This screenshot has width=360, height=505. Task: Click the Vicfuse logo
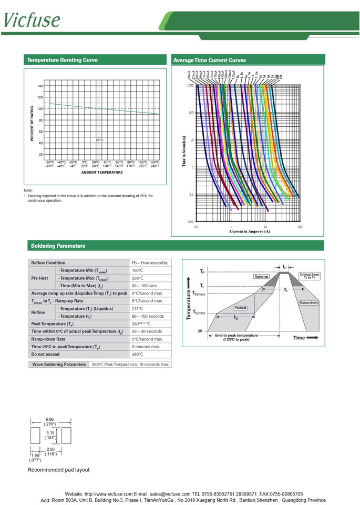(32, 19)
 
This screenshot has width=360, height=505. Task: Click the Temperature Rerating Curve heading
(62, 60)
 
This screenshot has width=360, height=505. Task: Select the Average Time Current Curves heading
(209, 60)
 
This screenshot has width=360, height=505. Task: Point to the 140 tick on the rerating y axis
(40, 86)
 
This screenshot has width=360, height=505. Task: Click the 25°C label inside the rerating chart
(99, 140)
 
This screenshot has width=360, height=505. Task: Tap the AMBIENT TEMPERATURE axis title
(102, 173)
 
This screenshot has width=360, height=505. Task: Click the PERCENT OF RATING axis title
(32, 123)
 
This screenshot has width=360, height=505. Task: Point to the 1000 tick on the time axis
(190, 85)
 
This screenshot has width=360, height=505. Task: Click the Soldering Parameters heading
(58, 246)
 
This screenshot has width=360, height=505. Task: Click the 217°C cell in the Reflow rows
(138, 309)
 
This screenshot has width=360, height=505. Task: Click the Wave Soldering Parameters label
(58, 364)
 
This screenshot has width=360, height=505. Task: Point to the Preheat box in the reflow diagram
(240, 308)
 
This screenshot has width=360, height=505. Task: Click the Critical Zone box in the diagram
(309, 276)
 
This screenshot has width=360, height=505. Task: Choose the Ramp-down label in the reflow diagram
(308, 303)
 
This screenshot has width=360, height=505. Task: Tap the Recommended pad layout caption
(58, 470)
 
